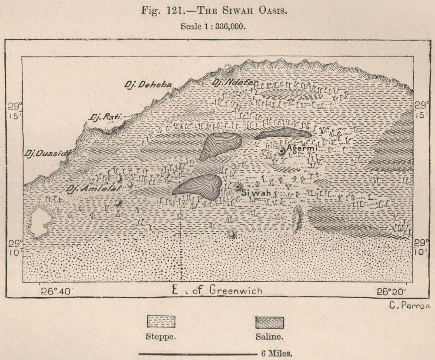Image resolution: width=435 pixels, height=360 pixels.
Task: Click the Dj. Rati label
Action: (104, 117)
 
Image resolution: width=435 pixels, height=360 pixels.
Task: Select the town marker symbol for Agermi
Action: (282, 151)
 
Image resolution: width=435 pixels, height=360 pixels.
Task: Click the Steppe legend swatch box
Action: (161, 323)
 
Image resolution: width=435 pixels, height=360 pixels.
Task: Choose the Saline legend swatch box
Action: (269, 323)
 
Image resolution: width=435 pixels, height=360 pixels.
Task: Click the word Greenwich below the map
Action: (236, 290)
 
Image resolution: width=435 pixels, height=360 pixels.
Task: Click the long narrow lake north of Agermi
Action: (283, 133)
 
